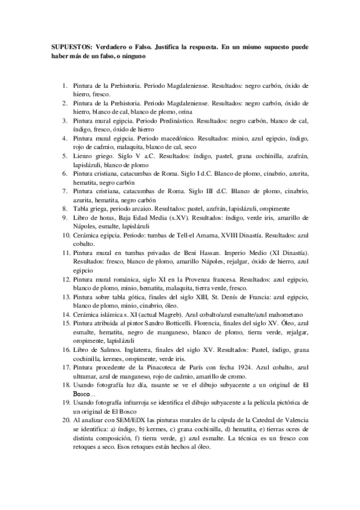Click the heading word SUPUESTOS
[67, 46]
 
